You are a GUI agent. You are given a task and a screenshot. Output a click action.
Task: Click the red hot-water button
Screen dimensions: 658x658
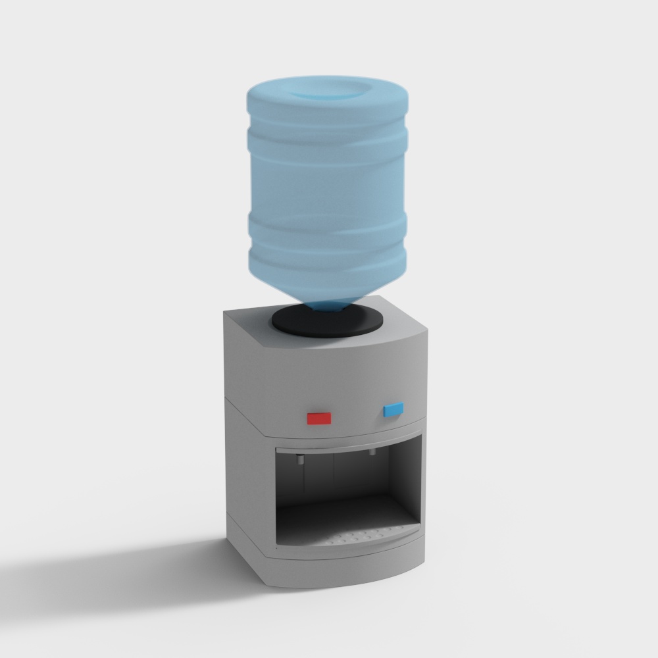pos(319,418)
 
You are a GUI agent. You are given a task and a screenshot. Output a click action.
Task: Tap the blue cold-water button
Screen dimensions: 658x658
pos(393,410)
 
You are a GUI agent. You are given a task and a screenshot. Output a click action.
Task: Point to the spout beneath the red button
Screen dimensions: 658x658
pos(299,459)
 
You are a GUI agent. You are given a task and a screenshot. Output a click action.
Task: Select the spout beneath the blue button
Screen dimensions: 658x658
pos(372,453)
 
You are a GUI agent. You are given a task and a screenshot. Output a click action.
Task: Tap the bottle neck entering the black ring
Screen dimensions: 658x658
pos(327,305)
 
